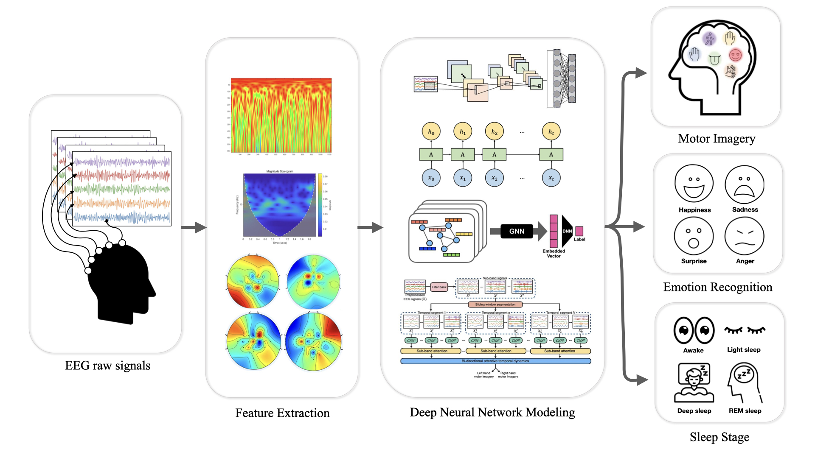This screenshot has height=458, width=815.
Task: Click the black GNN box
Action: [x=517, y=231]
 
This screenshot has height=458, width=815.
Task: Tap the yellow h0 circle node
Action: [x=431, y=132]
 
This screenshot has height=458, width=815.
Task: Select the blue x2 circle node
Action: [x=494, y=178]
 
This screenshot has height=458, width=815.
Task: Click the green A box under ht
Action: [x=551, y=155]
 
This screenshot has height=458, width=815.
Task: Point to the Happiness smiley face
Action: [x=694, y=184]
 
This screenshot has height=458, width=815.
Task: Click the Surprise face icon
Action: [x=694, y=236]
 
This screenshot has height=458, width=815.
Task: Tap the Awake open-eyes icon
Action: [x=694, y=330]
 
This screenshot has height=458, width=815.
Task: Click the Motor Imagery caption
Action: [x=717, y=139]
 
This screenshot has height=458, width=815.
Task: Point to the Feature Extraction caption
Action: [x=282, y=413]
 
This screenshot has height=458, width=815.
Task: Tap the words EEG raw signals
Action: [x=107, y=366]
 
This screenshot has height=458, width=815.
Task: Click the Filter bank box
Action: [x=439, y=287]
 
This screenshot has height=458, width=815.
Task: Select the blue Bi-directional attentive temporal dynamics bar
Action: [x=495, y=361]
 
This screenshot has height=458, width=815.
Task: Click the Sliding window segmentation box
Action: [x=495, y=304]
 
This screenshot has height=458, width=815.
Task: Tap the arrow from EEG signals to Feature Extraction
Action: [x=193, y=227]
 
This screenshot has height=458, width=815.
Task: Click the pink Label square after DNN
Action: [x=579, y=231]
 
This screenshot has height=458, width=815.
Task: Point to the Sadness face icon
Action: [x=745, y=184]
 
